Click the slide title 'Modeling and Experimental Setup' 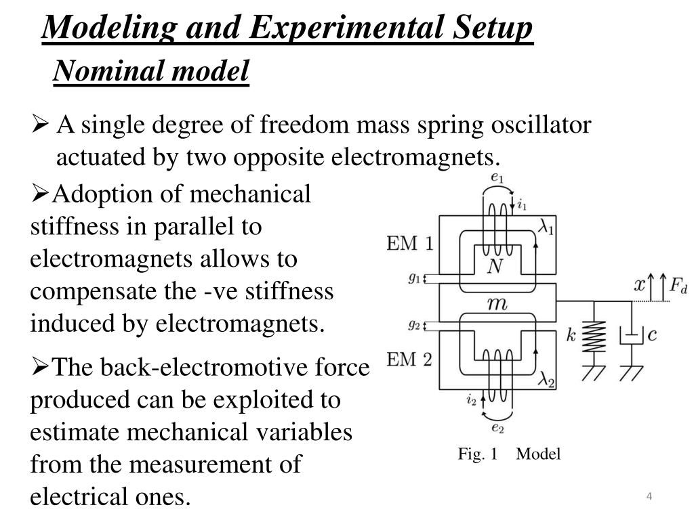(x=288, y=28)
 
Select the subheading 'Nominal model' (x=151, y=70)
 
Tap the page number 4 (x=649, y=498)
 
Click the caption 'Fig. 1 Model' (x=509, y=454)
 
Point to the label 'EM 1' (x=409, y=244)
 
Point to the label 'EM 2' (x=409, y=360)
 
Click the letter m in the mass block (x=497, y=305)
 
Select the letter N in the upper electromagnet (x=496, y=267)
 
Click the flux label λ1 (x=546, y=228)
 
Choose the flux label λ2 (x=546, y=382)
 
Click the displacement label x (x=639, y=285)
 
